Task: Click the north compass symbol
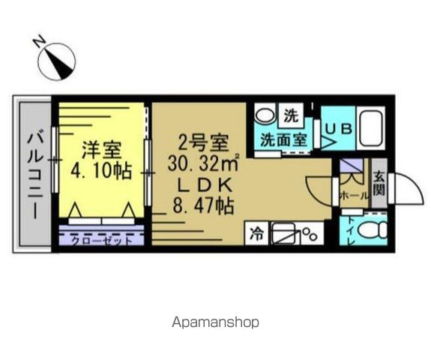pos(56,61)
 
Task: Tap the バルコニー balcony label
pos(35,175)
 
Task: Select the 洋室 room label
pos(101,149)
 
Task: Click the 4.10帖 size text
pos(100,171)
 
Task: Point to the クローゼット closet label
pos(102,241)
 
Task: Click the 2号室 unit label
pos(203,143)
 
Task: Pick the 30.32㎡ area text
pos(203,163)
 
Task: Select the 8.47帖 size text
pos(203,205)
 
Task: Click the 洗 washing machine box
pos(291,115)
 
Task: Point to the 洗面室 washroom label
pos(283,139)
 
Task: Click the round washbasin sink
pos(265,115)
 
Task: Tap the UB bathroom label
pos(338,129)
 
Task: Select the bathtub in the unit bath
pos(370,128)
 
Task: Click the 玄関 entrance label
pos(379,183)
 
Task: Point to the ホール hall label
pos(354,196)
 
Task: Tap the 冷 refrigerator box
pos(256,234)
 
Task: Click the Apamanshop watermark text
pos(215,322)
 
